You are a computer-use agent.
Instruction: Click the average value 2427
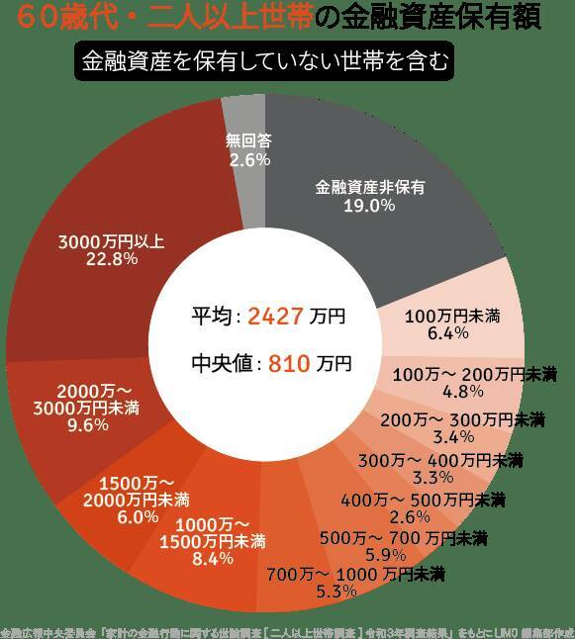[x=274, y=317]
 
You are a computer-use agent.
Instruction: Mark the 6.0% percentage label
[x=138, y=515]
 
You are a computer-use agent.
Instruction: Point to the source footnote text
[x=287, y=630]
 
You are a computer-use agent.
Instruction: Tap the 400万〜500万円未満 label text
[x=423, y=499]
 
